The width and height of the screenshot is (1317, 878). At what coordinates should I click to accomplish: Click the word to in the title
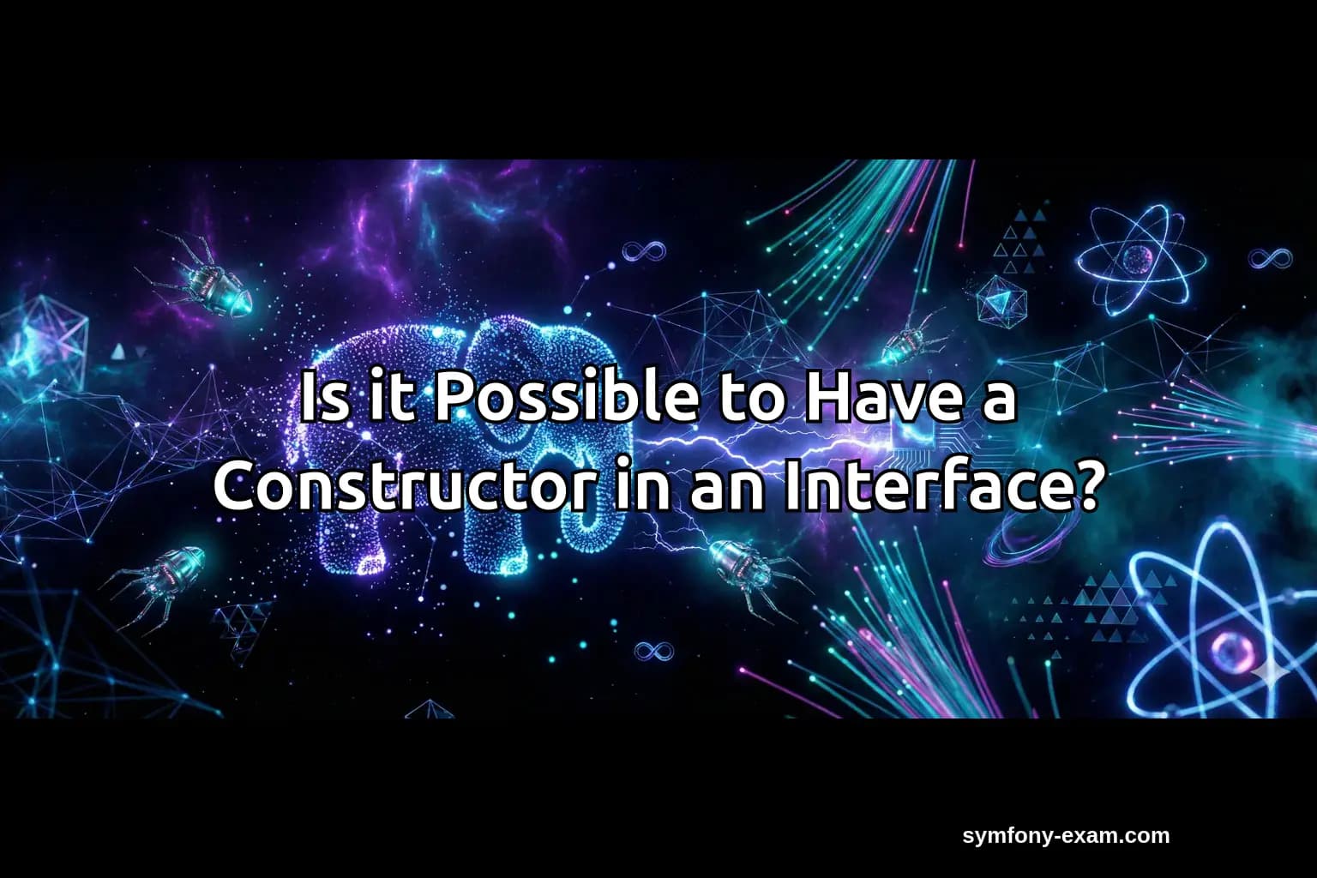click(749, 400)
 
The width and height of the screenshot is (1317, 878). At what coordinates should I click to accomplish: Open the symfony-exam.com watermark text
click(1066, 836)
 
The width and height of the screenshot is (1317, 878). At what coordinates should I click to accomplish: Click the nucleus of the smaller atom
click(1138, 256)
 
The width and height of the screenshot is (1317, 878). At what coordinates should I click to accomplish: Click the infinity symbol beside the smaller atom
click(1269, 257)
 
